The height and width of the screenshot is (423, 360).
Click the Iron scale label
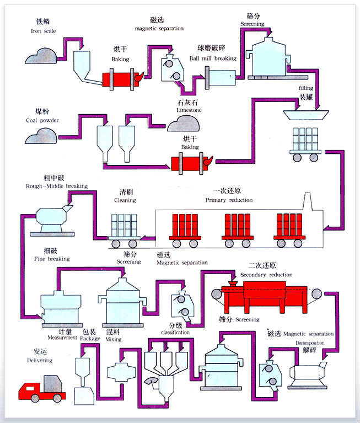tap(40, 31)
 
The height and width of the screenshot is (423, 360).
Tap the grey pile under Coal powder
tap(40, 136)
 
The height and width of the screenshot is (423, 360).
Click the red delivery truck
tap(42, 388)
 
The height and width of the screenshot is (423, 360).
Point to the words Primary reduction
tap(229, 200)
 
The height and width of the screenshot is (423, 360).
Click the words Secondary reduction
tap(266, 275)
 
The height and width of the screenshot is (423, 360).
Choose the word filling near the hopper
tap(306, 88)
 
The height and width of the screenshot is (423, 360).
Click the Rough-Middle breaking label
tap(57, 186)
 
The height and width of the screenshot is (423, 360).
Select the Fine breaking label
tap(52, 259)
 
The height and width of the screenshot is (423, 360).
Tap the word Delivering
tap(39, 361)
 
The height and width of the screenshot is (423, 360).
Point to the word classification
tap(175, 333)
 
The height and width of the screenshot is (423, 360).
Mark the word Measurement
tap(61, 338)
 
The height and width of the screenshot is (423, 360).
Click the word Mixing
tap(114, 339)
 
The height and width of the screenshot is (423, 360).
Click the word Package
tap(90, 339)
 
